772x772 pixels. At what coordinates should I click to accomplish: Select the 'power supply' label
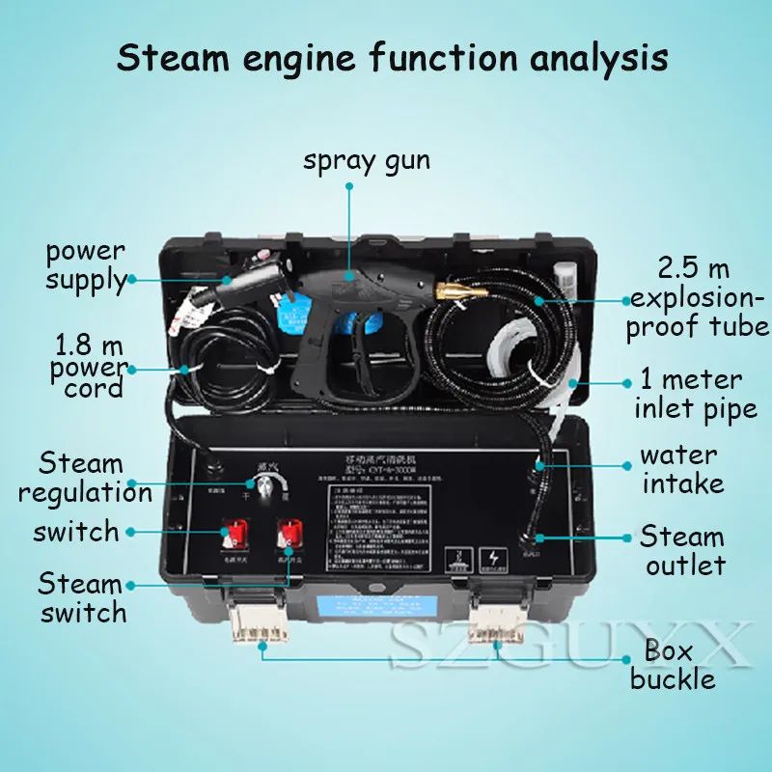(86, 266)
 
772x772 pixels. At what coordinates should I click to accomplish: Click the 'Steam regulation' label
(85, 478)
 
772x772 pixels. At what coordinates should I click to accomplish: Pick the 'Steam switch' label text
(82, 597)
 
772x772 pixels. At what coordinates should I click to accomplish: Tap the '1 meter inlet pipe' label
(695, 394)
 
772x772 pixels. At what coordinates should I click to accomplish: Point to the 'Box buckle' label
(672, 664)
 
